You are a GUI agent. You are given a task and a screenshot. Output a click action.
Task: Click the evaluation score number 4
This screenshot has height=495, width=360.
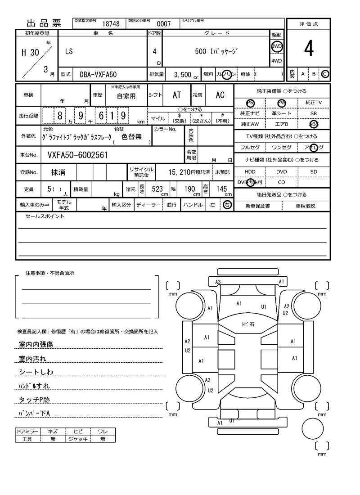(x=309, y=49)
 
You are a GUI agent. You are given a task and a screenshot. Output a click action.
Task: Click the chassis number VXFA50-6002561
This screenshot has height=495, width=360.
(x=77, y=155)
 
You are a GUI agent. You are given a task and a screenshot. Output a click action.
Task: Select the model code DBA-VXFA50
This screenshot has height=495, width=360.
(x=98, y=74)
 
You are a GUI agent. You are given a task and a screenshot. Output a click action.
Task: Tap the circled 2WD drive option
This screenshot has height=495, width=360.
(x=276, y=46)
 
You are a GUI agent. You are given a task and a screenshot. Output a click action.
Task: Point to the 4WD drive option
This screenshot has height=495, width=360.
(x=276, y=61)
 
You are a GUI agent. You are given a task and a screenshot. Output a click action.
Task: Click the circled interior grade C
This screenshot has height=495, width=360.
(x=325, y=74)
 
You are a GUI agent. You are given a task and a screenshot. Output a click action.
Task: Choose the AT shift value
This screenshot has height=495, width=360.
(x=176, y=95)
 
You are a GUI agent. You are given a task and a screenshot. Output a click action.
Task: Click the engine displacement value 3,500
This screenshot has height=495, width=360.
(x=183, y=75)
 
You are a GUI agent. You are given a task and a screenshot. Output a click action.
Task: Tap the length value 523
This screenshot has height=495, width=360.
(x=157, y=189)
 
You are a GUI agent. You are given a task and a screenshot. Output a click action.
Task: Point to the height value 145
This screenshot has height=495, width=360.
(x=221, y=189)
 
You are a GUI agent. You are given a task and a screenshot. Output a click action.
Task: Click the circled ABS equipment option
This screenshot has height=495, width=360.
(x=314, y=124)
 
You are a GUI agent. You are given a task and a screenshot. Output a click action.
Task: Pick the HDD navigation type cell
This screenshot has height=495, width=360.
(x=250, y=172)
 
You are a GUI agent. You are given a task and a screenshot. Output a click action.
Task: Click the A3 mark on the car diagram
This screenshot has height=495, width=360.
(x=218, y=282)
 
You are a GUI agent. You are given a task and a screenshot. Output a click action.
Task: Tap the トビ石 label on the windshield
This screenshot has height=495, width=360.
(x=248, y=324)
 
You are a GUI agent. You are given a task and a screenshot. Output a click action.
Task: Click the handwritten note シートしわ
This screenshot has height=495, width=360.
(x=36, y=372)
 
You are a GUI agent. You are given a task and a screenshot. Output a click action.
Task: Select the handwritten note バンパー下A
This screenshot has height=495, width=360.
(x=34, y=413)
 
